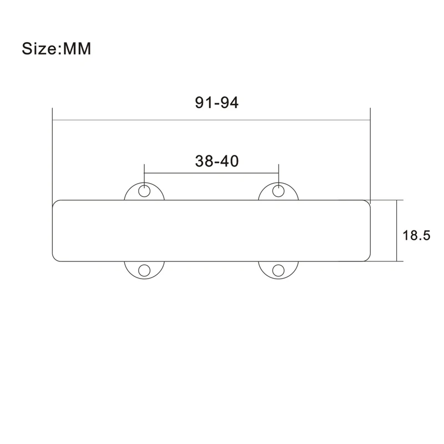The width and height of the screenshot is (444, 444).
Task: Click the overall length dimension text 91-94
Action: pos(216,102)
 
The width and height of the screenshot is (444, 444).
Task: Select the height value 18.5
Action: pos(416,235)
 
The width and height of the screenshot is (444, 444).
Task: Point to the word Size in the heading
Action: pos(39,48)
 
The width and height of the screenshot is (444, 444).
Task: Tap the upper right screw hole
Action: pos(278,191)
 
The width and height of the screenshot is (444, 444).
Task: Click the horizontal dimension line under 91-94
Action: pos(211,120)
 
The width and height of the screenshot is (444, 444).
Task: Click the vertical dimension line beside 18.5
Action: pos(397,230)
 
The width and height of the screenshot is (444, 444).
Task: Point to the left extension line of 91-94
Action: pos(52,155)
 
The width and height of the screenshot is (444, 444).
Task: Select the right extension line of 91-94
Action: pos(370,155)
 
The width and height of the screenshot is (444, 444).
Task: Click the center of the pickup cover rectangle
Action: pos(211,230)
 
